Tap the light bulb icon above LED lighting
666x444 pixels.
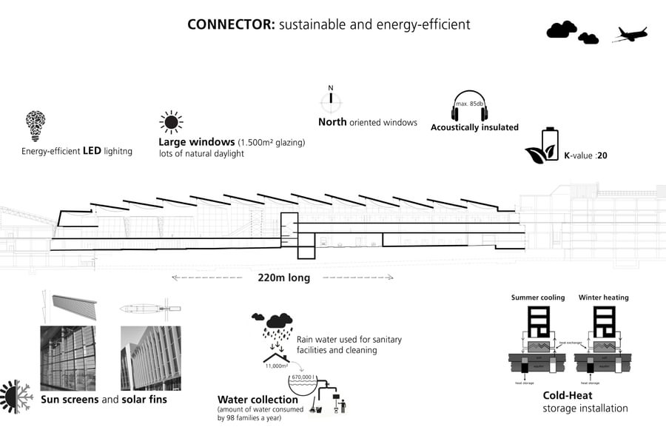tap(35, 127)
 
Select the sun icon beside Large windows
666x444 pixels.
tap(171, 122)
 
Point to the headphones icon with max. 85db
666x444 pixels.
tap(469, 107)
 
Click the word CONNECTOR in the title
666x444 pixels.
tap(231, 24)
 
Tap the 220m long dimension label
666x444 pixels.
tap(283, 278)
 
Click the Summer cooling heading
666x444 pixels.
tap(537, 297)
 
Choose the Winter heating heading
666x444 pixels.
tap(603, 297)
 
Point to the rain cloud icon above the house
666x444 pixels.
tap(278, 323)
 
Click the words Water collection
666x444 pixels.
tap(258, 400)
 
